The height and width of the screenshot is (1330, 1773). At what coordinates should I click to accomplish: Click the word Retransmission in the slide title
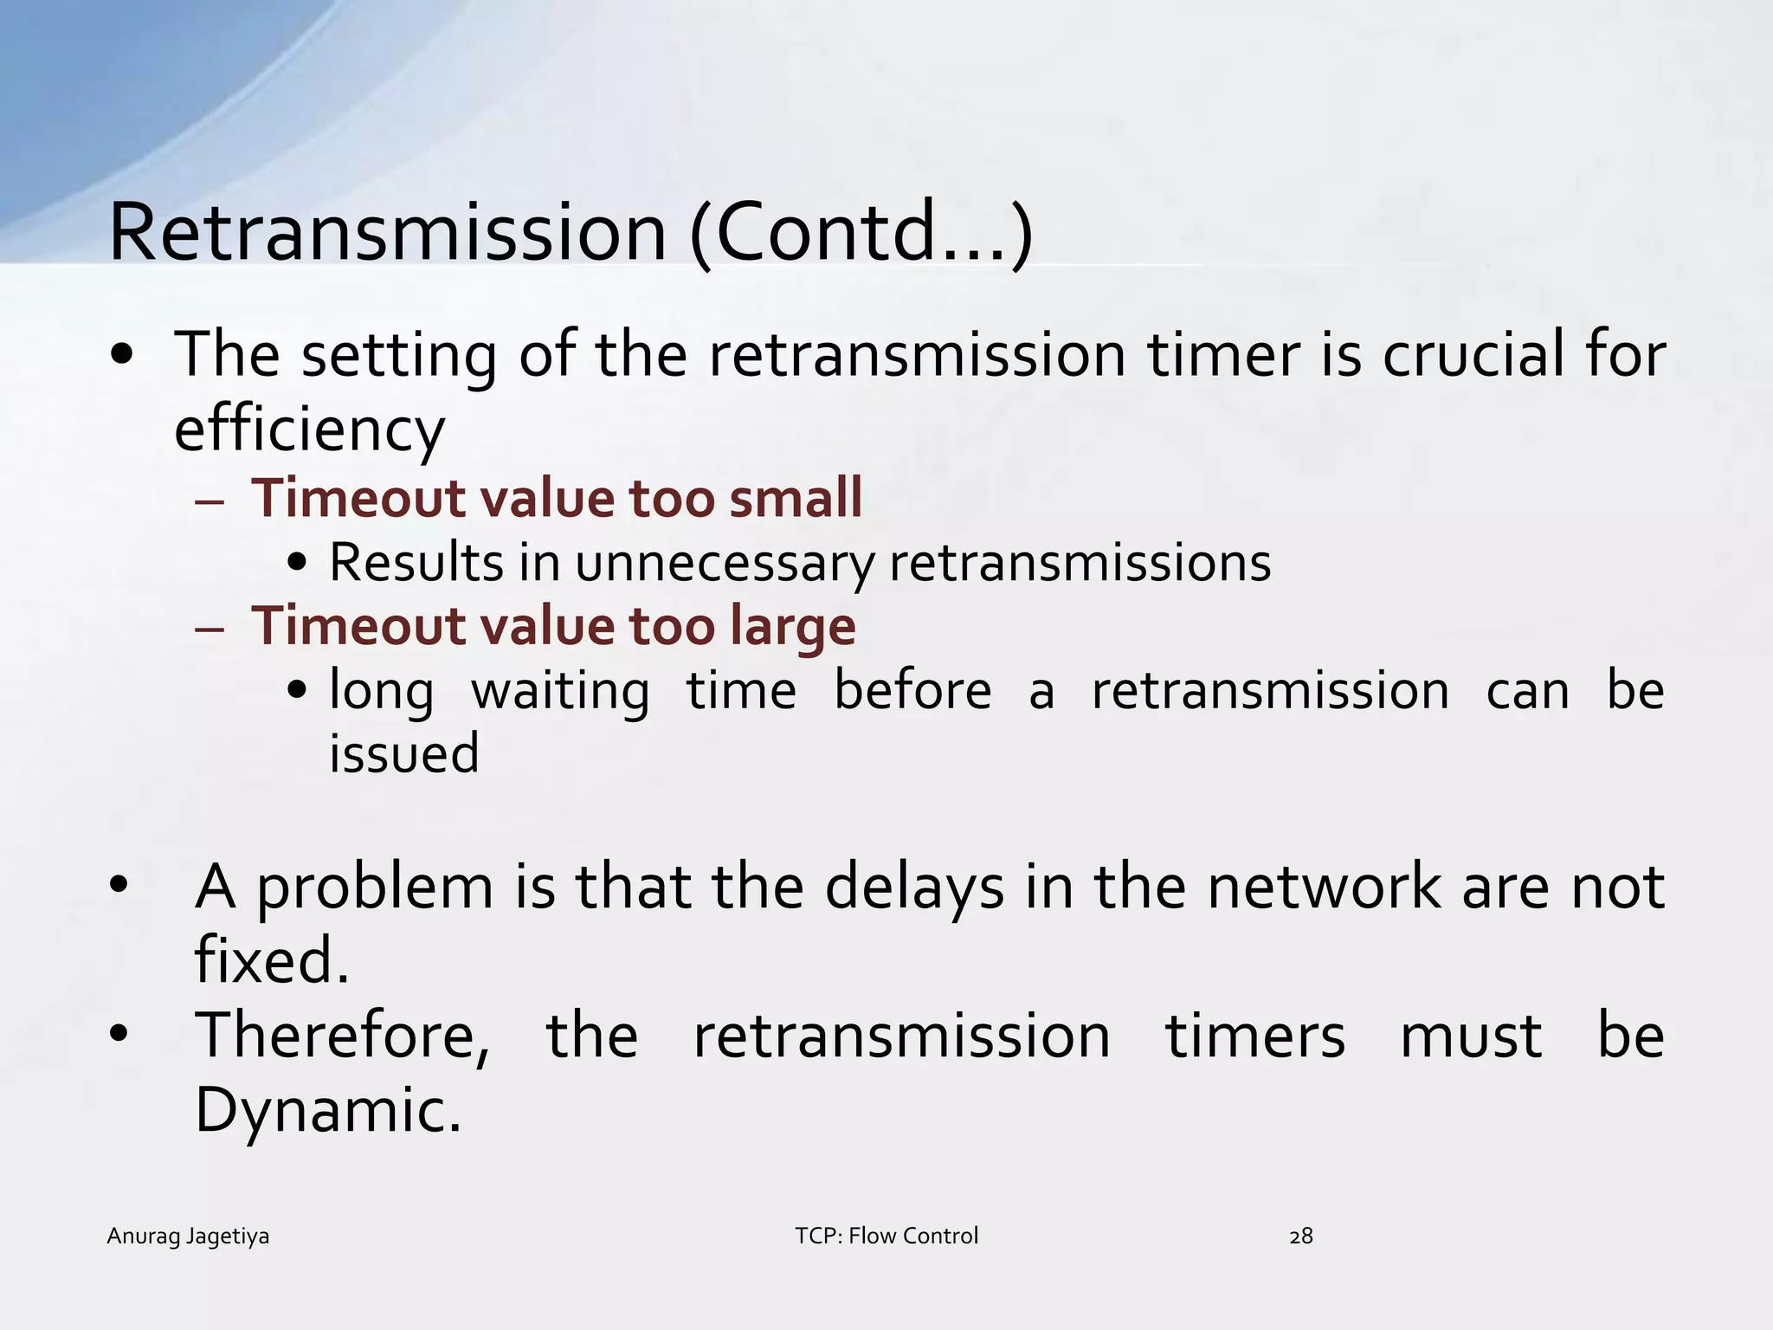coord(387,233)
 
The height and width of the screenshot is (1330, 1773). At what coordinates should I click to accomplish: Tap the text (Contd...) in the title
coord(861,233)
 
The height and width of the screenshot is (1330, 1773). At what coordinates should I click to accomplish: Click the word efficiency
coord(309,430)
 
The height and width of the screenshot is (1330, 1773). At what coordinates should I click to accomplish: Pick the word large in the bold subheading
coord(792,627)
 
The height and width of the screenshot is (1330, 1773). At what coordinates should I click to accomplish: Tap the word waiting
coord(560,691)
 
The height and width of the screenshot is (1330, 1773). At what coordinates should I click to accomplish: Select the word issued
coord(403,752)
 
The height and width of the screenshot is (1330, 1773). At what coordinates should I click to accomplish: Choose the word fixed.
coord(271,961)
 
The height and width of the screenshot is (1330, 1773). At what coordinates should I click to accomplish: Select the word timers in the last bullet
coord(1255,1036)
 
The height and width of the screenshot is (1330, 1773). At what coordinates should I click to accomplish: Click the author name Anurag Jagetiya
coord(188,1236)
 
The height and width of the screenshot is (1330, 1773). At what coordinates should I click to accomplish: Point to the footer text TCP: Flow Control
coord(886,1236)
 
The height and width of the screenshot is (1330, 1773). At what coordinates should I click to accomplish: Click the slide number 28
coord(1301,1236)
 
